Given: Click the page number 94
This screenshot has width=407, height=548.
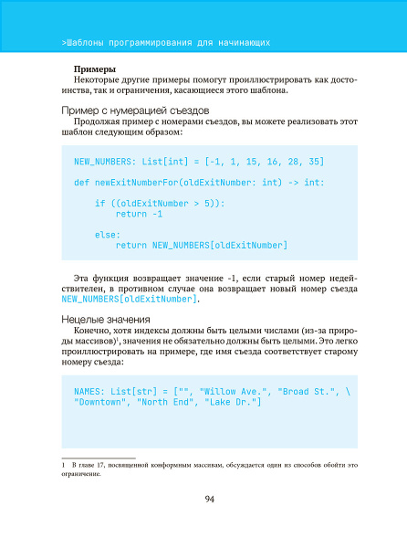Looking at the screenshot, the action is click(209, 498).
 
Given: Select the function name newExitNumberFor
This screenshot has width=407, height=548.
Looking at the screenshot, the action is click(137, 183).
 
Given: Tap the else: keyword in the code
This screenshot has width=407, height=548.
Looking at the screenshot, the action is click(108, 234).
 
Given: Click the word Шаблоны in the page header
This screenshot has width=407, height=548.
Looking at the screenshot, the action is click(85, 43).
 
